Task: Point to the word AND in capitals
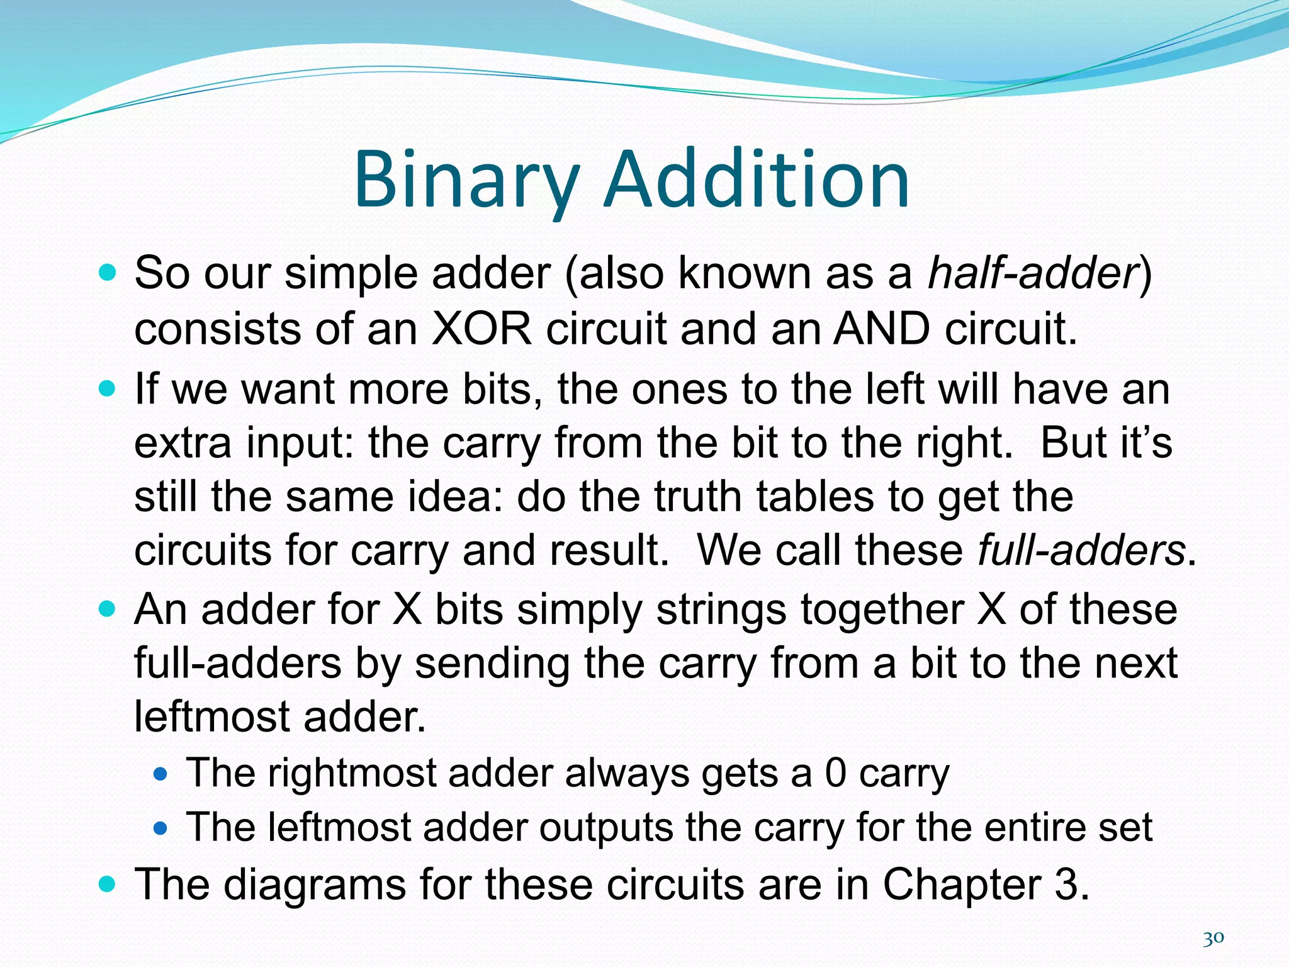click(x=881, y=329)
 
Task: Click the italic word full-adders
click(x=1081, y=550)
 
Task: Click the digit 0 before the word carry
click(x=835, y=772)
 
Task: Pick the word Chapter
click(x=962, y=884)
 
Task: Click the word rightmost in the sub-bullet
click(x=352, y=772)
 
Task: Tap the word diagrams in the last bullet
click(x=315, y=884)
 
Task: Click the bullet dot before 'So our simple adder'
click(x=108, y=273)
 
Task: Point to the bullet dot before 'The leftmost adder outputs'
click(x=161, y=827)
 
